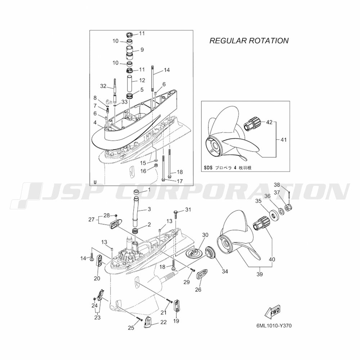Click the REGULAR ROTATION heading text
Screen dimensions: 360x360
tap(249, 41)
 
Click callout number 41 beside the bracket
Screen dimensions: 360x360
tap(284, 140)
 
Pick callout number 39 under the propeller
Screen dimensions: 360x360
tap(260, 274)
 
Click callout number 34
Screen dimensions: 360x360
tap(225, 271)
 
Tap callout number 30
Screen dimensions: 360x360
tap(205, 235)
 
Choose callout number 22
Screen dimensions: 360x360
tap(163, 322)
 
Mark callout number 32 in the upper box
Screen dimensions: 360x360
tap(103, 86)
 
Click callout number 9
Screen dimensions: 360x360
tap(142, 49)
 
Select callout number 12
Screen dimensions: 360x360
tap(142, 80)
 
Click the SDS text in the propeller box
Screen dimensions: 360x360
tap(208, 168)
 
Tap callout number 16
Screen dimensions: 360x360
tap(143, 171)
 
